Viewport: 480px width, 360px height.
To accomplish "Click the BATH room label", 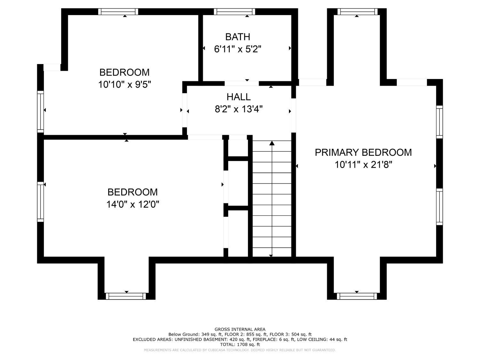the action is point(237,37).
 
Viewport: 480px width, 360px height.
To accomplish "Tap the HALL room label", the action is point(238,97).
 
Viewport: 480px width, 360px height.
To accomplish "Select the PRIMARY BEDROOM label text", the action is point(363,153).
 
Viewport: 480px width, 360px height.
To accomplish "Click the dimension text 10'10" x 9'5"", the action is point(125,84).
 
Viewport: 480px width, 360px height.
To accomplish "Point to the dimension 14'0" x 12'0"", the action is point(132,204).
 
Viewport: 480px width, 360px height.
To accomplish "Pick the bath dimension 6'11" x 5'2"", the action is point(238,49).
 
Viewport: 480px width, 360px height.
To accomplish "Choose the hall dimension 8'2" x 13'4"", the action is point(239,109).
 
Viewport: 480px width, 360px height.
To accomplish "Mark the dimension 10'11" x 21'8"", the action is point(364,164).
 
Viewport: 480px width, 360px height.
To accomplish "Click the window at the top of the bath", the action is point(234,12).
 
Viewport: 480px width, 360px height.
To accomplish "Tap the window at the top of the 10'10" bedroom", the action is point(118,12).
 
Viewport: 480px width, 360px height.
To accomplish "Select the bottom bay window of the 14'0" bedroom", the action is point(126,296).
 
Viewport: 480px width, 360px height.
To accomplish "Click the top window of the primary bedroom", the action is point(357,12).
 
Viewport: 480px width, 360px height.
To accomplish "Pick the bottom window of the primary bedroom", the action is point(357,296).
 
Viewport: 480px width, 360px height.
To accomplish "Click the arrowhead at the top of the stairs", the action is point(272,143).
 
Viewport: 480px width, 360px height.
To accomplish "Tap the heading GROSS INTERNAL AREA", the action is point(240,329).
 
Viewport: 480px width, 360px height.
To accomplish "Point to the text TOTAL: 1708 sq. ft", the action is point(240,345).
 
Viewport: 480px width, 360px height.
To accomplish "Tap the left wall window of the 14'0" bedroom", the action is point(40,202).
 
